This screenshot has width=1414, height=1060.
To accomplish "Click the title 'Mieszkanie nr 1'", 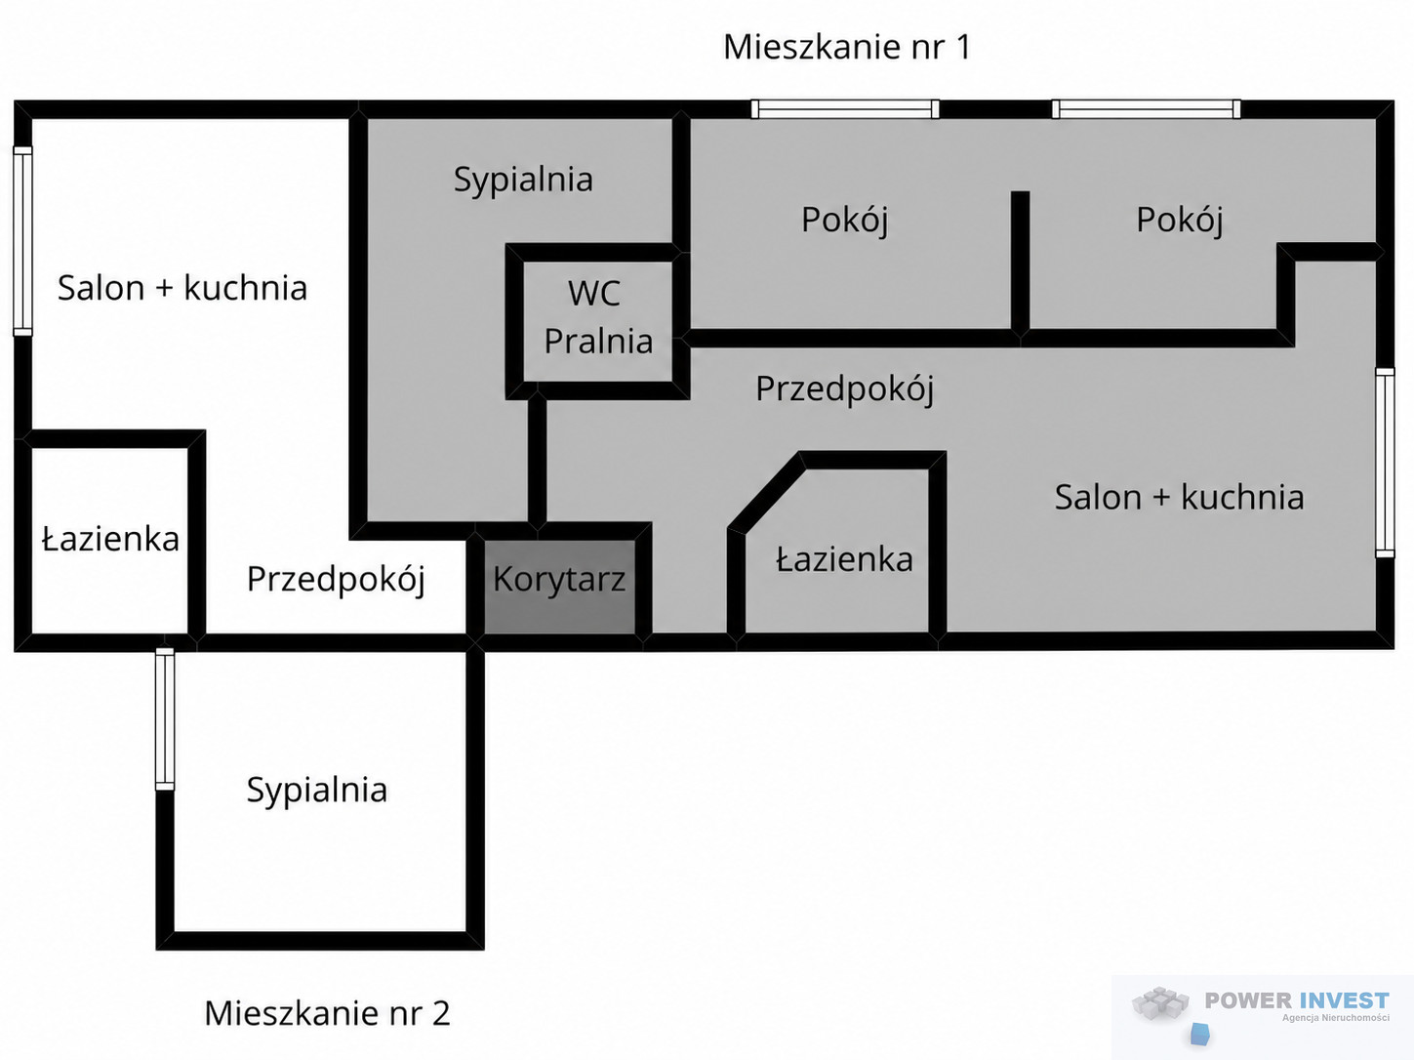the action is (846, 47).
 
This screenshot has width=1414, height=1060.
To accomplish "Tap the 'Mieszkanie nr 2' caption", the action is (327, 1013).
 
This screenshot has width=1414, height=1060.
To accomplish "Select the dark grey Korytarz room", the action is (559, 587).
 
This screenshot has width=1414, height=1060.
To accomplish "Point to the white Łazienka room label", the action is (110, 539).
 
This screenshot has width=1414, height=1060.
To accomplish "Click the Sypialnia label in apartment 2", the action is (317, 791).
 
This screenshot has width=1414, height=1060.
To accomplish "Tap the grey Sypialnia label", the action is (523, 180).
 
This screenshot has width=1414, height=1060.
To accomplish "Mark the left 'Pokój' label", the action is (844, 221).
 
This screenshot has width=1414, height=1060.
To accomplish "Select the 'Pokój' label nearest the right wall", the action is (1180, 221).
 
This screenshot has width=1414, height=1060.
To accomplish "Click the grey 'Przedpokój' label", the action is (844, 389).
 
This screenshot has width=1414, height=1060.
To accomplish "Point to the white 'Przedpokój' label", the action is (336, 580).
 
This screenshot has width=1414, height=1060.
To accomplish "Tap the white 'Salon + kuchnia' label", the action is (182, 288).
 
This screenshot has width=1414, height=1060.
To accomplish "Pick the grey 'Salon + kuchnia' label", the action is (1179, 498).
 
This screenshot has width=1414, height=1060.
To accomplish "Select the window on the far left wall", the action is (22, 241).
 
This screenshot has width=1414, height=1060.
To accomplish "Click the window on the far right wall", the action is (1385, 462).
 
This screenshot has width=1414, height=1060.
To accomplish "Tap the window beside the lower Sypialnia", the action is (165, 719).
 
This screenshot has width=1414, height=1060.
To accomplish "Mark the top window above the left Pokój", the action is (845, 109).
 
